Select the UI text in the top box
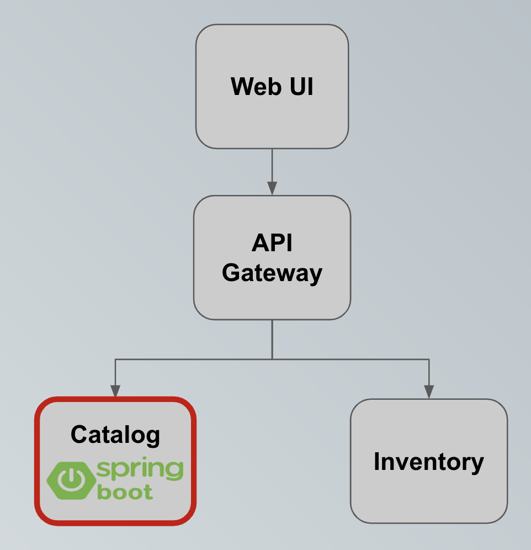[299, 87]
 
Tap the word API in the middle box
[272, 243]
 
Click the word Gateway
[272, 273]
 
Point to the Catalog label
[115, 435]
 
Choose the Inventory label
[428, 462]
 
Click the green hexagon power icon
[70, 478]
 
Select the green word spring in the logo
[140, 470]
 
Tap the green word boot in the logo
[125, 492]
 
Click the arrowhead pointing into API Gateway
[272, 188]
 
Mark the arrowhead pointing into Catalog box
[115, 391]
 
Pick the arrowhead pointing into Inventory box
[429, 392]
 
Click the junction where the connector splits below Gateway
[272, 359]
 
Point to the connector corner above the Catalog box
[115, 359]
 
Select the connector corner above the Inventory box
[429, 359]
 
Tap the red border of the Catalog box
[36, 462]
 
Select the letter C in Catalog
[78, 435]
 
